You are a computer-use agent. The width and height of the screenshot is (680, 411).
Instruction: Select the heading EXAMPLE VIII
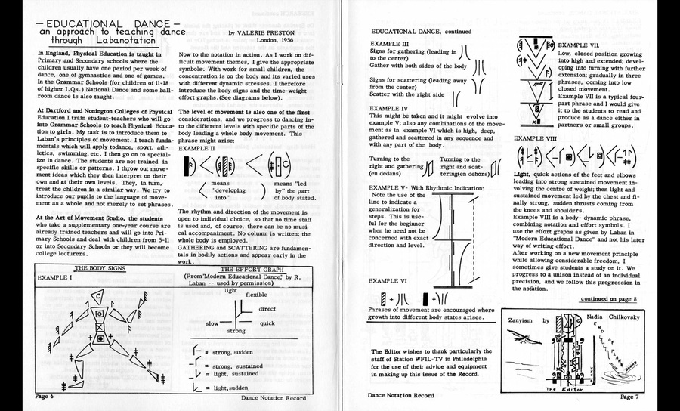coord(536,138)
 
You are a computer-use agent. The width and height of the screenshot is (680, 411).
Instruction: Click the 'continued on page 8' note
coord(608,299)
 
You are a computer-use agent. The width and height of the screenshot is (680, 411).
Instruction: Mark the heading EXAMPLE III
coord(390,45)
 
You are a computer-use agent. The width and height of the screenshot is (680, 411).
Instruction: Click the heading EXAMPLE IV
coord(391,109)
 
